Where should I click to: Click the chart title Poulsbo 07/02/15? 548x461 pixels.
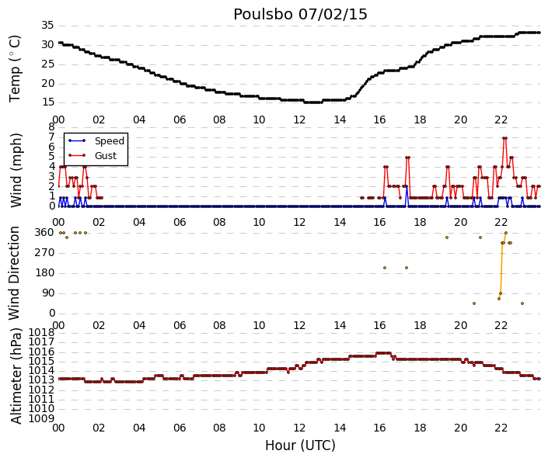[x=300, y=15]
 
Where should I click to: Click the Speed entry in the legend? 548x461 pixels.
[x=110, y=141]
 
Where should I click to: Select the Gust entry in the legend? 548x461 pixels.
[x=105, y=156]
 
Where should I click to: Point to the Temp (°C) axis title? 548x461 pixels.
[x=15, y=69]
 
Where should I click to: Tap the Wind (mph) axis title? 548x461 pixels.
[x=16, y=170]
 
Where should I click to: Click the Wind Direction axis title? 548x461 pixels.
[x=14, y=273]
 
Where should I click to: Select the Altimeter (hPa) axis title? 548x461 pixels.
[x=16, y=376]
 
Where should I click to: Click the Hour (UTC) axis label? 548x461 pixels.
[x=300, y=445]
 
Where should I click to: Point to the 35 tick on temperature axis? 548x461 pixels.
[x=47, y=25]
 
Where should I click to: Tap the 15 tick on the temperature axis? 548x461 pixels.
[x=47, y=102]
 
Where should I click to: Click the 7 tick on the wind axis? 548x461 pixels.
[x=52, y=137]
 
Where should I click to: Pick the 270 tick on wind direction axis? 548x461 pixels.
[x=45, y=253]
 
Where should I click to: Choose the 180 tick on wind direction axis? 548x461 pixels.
[x=45, y=273]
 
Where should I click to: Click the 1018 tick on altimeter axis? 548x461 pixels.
[x=42, y=332]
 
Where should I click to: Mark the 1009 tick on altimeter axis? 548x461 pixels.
[x=42, y=418]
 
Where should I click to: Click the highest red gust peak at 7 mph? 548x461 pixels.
[x=504, y=138]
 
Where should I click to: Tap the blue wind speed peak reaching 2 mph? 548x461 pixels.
[x=407, y=187]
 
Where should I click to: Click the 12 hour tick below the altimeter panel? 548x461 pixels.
[x=299, y=428]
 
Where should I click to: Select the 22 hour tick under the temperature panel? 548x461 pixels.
[x=501, y=120]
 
